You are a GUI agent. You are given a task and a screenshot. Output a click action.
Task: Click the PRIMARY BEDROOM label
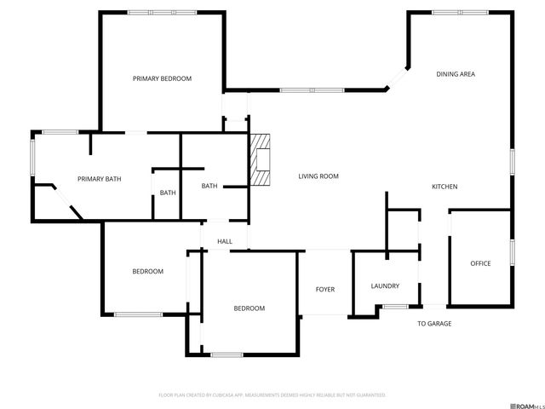tap(162, 78)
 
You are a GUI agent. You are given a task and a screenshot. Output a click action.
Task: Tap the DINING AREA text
tap(456, 74)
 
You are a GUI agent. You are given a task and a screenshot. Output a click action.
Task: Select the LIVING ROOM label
tap(318, 176)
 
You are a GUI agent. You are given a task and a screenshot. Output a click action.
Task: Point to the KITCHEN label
tap(445, 187)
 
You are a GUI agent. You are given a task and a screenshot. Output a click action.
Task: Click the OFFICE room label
tap(480, 263)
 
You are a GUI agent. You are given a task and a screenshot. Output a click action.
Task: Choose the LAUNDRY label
tap(385, 286)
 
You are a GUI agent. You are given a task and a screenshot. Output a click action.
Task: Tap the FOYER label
tap(325, 290)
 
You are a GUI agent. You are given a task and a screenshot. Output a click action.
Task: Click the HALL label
tap(225, 242)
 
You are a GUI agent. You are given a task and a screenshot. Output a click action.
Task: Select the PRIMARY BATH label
tap(100, 179)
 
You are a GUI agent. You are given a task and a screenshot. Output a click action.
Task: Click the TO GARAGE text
tap(434, 324)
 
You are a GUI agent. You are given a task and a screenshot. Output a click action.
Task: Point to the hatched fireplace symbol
tap(260, 160)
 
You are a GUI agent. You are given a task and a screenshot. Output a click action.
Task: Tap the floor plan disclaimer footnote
tap(272, 395)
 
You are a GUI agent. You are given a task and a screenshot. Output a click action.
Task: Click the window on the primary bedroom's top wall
tap(161, 12)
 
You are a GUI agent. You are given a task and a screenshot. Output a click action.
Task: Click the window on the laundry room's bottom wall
tap(394, 306)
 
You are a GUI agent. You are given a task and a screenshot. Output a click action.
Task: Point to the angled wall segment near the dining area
tap(398, 78)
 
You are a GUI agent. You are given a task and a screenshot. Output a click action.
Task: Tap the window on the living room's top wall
tap(312, 90)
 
